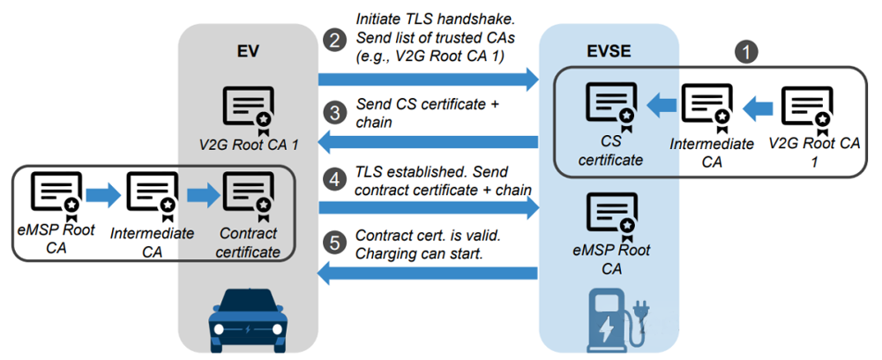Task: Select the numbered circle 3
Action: [x=334, y=113]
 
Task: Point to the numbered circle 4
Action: [x=334, y=178]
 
